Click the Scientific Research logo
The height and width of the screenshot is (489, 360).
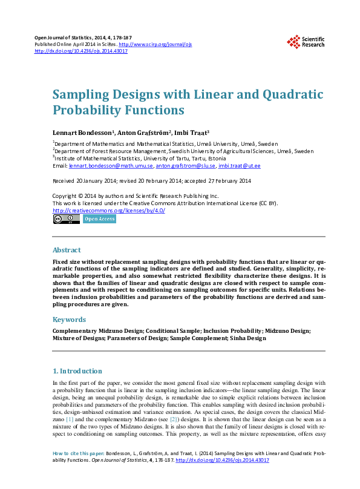(x=306, y=41)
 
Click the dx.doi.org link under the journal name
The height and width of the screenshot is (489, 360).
(x=81, y=51)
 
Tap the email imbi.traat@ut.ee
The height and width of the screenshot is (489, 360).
(x=240, y=165)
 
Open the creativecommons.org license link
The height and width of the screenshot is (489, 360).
(x=109, y=210)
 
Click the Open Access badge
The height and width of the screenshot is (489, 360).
(x=99, y=219)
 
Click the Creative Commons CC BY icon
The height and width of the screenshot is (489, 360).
(x=66, y=219)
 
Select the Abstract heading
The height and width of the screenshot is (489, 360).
(x=67, y=250)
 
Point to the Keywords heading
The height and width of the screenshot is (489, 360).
(x=70, y=319)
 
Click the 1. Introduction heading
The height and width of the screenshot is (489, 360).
(x=77, y=371)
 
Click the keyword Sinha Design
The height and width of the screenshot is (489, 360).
(x=247, y=338)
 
